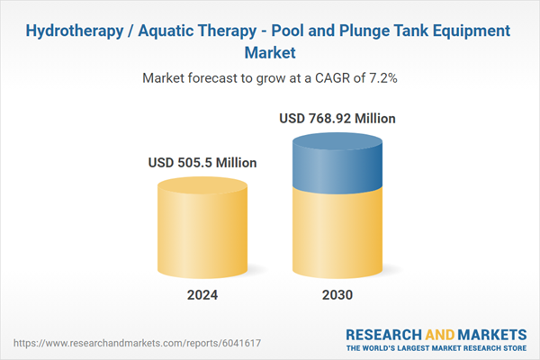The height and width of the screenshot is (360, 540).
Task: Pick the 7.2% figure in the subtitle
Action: pyautogui.click(x=380, y=78)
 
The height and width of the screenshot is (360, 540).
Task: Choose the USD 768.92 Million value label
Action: pyautogui.click(x=337, y=118)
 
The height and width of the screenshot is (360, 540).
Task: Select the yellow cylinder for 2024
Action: pyautogui.click(x=202, y=229)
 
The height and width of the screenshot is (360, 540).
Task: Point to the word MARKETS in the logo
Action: pyautogui.click(x=487, y=335)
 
